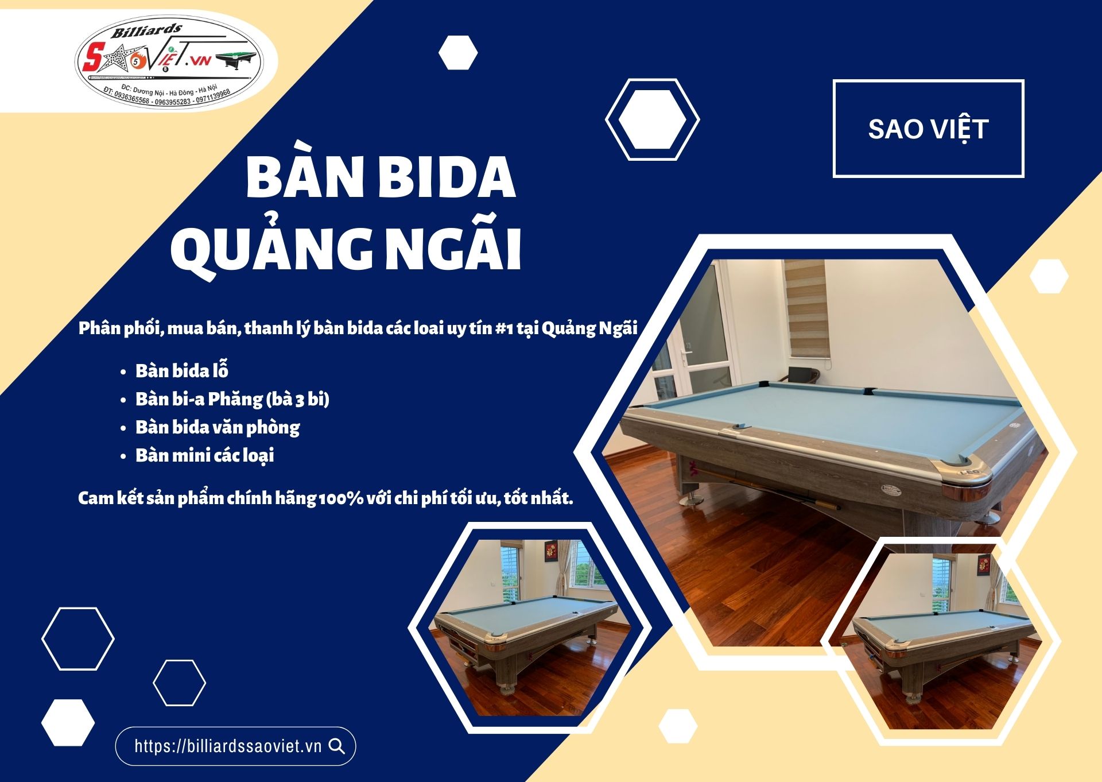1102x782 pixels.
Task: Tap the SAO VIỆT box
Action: pyautogui.click(x=928, y=129)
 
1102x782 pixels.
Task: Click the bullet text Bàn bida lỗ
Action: pyautogui.click(x=182, y=371)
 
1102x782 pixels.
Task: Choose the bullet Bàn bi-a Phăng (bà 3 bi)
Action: pyautogui.click(x=232, y=399)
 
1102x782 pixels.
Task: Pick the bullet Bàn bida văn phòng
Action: pyautogui.click(x=218, y=427)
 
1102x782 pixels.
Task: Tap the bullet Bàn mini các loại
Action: pyautogui.click(x=204, y=455)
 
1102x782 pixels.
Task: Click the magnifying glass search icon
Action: pyautogui.click(x=337, y=746)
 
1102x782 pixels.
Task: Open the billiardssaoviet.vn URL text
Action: pyautogui.click(x=228, y=746)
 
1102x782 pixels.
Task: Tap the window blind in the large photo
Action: pyautogui.click(x=806, y=310)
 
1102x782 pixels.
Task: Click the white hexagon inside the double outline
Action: pyautogui.click(x=653, y=119)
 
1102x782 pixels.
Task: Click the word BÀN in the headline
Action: pyautogui.click(x=303, y=178)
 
